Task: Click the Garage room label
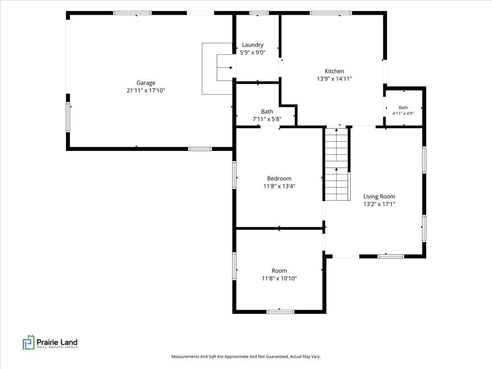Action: (146, 83)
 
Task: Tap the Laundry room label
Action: (253, 45)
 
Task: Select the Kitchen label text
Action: (334, 71)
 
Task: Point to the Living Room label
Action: (379, 196)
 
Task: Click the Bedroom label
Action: (279, 179)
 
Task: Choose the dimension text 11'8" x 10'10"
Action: (279, 278)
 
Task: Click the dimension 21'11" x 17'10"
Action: (146, 91)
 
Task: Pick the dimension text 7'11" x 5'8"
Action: (267, 119)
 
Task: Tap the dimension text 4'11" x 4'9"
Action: (403, 114)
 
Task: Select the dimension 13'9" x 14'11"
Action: (334, 79)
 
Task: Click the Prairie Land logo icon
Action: (28, 342)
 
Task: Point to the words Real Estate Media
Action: (57, 347)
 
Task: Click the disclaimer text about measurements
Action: (246, 356)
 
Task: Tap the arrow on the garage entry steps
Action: (225, 68)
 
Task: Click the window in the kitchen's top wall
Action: (331, 13)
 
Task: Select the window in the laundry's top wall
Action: (259, 13)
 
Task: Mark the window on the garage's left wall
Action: (68, 117)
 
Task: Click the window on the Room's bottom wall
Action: (280, 312)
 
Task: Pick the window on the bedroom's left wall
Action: (234, 175)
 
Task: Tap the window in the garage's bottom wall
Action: (200, 149)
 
